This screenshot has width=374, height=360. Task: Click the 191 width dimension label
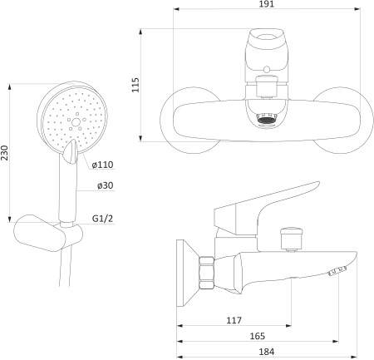point(265,6)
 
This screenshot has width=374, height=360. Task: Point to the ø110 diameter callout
point(102,165)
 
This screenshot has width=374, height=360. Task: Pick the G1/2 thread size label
point(102,219)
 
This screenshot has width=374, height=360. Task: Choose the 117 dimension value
point(234,320)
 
